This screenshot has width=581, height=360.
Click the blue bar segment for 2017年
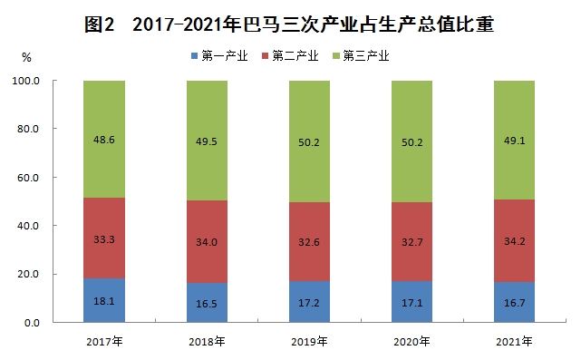pos(104,300)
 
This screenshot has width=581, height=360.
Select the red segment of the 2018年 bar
pos(207,242)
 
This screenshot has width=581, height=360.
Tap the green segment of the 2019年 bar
pos(309,141)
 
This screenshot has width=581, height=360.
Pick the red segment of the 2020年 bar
pos(412,241)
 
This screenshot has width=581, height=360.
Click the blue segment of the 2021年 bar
pos(514,302)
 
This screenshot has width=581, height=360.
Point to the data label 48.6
pos(104,140)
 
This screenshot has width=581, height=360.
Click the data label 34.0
pos(207,242)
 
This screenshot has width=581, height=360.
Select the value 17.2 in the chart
pos(309,303)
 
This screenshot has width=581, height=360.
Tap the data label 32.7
pos(412,242)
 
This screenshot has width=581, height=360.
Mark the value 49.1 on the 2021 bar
pos(514,141)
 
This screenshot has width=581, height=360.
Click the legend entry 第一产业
pos(219,56)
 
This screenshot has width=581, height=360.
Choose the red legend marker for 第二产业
pos(265,56)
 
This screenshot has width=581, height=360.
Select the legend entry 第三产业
pos(361,56)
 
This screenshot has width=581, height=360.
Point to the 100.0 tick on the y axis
pos(26,81)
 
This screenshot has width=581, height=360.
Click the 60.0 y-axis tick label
pos(28,178)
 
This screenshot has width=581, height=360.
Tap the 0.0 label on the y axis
pos(32,323)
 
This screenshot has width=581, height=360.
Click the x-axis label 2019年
pos(309,342)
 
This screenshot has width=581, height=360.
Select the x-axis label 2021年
pos(514,342)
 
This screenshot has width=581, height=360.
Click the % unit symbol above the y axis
pos(26,57)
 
